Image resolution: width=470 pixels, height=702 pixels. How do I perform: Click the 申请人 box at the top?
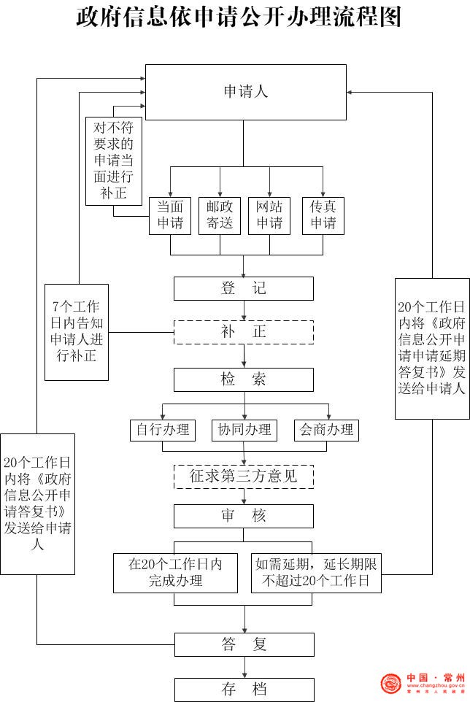(x=245, y=92)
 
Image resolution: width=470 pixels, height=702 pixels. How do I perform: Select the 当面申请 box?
(x=170, y=215)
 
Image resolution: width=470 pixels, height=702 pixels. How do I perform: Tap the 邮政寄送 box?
(x=220, y=215)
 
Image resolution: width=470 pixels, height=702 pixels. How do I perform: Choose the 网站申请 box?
(x=269, y=215)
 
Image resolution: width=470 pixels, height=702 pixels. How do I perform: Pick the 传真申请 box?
(x=323, y=215)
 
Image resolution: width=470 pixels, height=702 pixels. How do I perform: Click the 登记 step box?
(x=244, y=288)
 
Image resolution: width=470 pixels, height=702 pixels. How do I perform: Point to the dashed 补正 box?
(x=244, y=332)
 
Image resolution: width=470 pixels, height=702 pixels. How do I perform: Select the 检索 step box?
(x=244, y=379)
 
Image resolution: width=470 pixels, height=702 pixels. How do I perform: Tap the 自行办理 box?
(x=162, y=430)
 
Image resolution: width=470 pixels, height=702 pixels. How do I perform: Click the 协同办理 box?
(x=244, y=430)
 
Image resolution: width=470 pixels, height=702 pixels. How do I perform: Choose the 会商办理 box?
(x=326, y=430)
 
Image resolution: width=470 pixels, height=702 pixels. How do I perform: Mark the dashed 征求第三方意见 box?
(x=244, y=477)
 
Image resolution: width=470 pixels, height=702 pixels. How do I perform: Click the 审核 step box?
(x=244, y=516)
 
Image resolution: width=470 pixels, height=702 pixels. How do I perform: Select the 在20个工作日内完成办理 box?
(x=175, y=573)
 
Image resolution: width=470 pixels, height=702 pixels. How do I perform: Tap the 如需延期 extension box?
(x=316, y=573)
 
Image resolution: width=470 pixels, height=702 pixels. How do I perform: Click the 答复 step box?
(x=244, y=644)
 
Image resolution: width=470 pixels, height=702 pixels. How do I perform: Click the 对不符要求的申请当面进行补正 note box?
(x=114, y=161)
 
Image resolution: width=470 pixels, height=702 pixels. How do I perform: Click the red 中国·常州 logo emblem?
(x=391, y=684)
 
